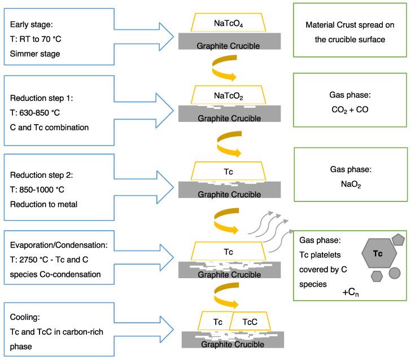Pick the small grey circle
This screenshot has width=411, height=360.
click(x=395, y=273)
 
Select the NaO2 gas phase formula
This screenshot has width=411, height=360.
click(x=352, y=184)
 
